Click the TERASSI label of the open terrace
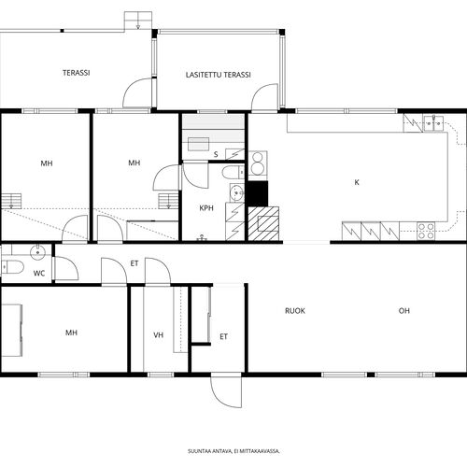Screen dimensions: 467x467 (77, 73)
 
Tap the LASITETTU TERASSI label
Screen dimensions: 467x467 (219, 75)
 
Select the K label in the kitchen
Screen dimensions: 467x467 (357, 182)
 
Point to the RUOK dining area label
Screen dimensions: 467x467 (295, 311)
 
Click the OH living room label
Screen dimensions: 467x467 (404, 311)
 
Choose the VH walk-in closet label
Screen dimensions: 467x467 (159, 335)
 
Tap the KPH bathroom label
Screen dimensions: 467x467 (206, 208)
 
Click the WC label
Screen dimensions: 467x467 (39, 274)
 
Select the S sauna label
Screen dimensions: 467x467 (216, 154)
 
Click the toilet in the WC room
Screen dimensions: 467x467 (12, 267)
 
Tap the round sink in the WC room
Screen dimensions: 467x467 (37, 252)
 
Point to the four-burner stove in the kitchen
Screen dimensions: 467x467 (426, 231)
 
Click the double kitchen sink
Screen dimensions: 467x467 (433, 123)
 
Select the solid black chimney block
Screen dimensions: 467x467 (258, 193)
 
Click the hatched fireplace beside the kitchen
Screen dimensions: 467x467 (263, 223)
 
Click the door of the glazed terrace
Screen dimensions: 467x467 (264, 96)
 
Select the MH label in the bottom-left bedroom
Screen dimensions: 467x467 (71, 333)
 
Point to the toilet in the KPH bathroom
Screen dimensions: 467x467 (233, 172)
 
